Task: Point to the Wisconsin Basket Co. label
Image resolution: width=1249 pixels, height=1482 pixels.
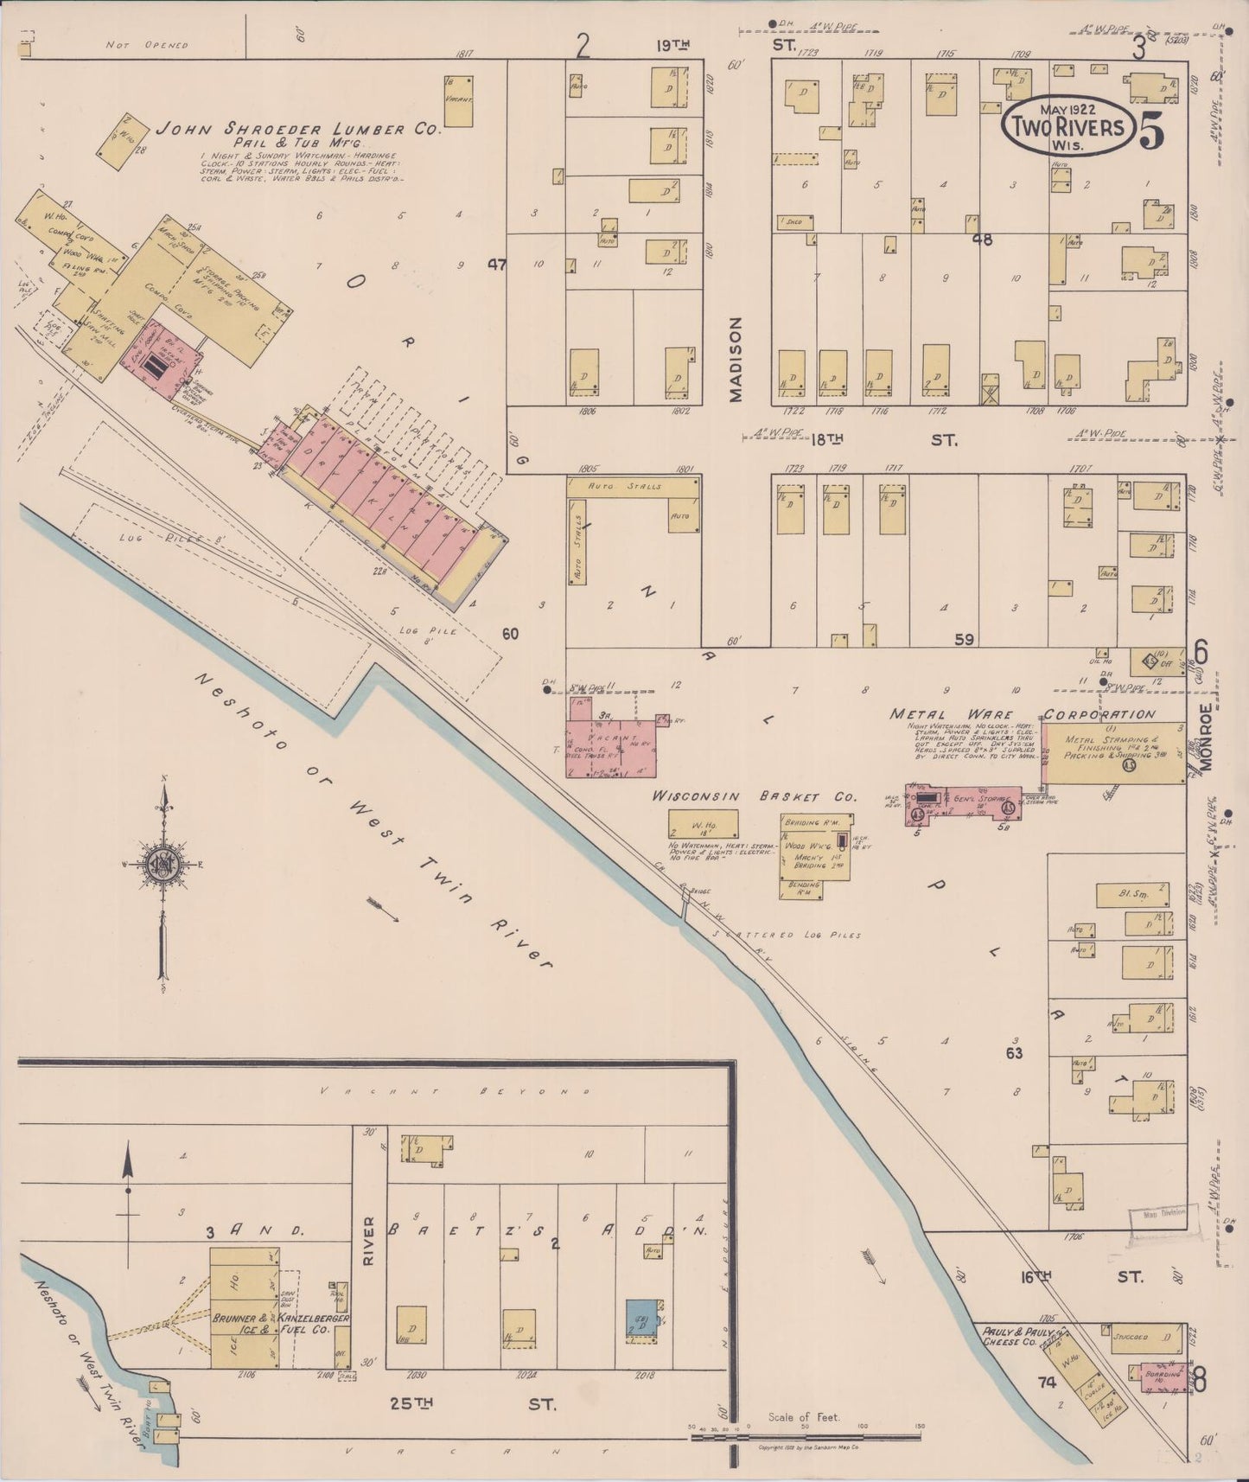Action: tap(754, 795)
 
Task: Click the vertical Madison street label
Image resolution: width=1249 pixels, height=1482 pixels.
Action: tap(735, 359)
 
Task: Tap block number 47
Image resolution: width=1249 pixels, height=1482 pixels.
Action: tap(496, 265)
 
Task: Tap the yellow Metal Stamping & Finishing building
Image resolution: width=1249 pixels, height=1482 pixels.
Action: tap(1112, 754)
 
